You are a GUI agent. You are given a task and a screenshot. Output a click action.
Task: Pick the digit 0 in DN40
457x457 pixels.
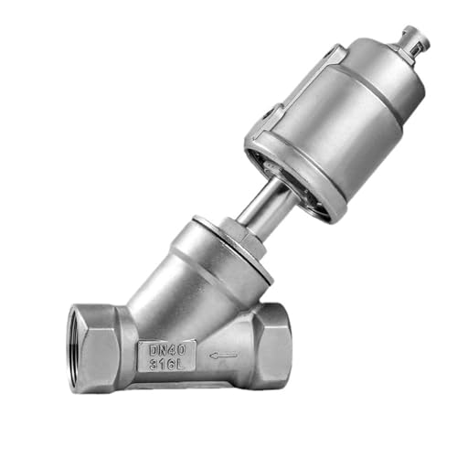186,347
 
